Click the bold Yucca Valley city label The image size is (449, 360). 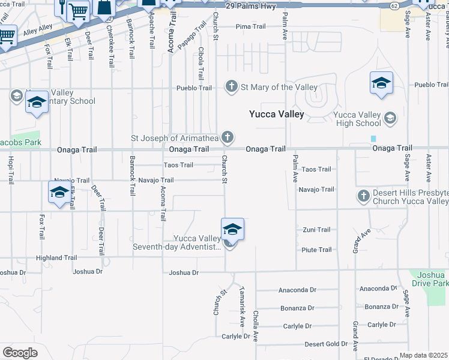(x=277, y=114)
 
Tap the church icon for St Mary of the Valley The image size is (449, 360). (x=232, y=87)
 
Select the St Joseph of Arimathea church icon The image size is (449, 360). (x=227, y=138)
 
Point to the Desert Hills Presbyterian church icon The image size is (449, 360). (x=363, y=196)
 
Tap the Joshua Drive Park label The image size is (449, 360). (x=429, y=278)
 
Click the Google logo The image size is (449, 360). (x=20, y=353)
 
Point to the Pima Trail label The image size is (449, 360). (x=251, y=27)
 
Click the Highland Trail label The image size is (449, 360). (x=56, y=258)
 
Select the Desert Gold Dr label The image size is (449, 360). (x=325, y=344)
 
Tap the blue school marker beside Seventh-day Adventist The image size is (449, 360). (x=232, y=229)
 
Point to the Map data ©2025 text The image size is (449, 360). (x=423, y=355)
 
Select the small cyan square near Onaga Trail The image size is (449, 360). (x=373, y=139)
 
